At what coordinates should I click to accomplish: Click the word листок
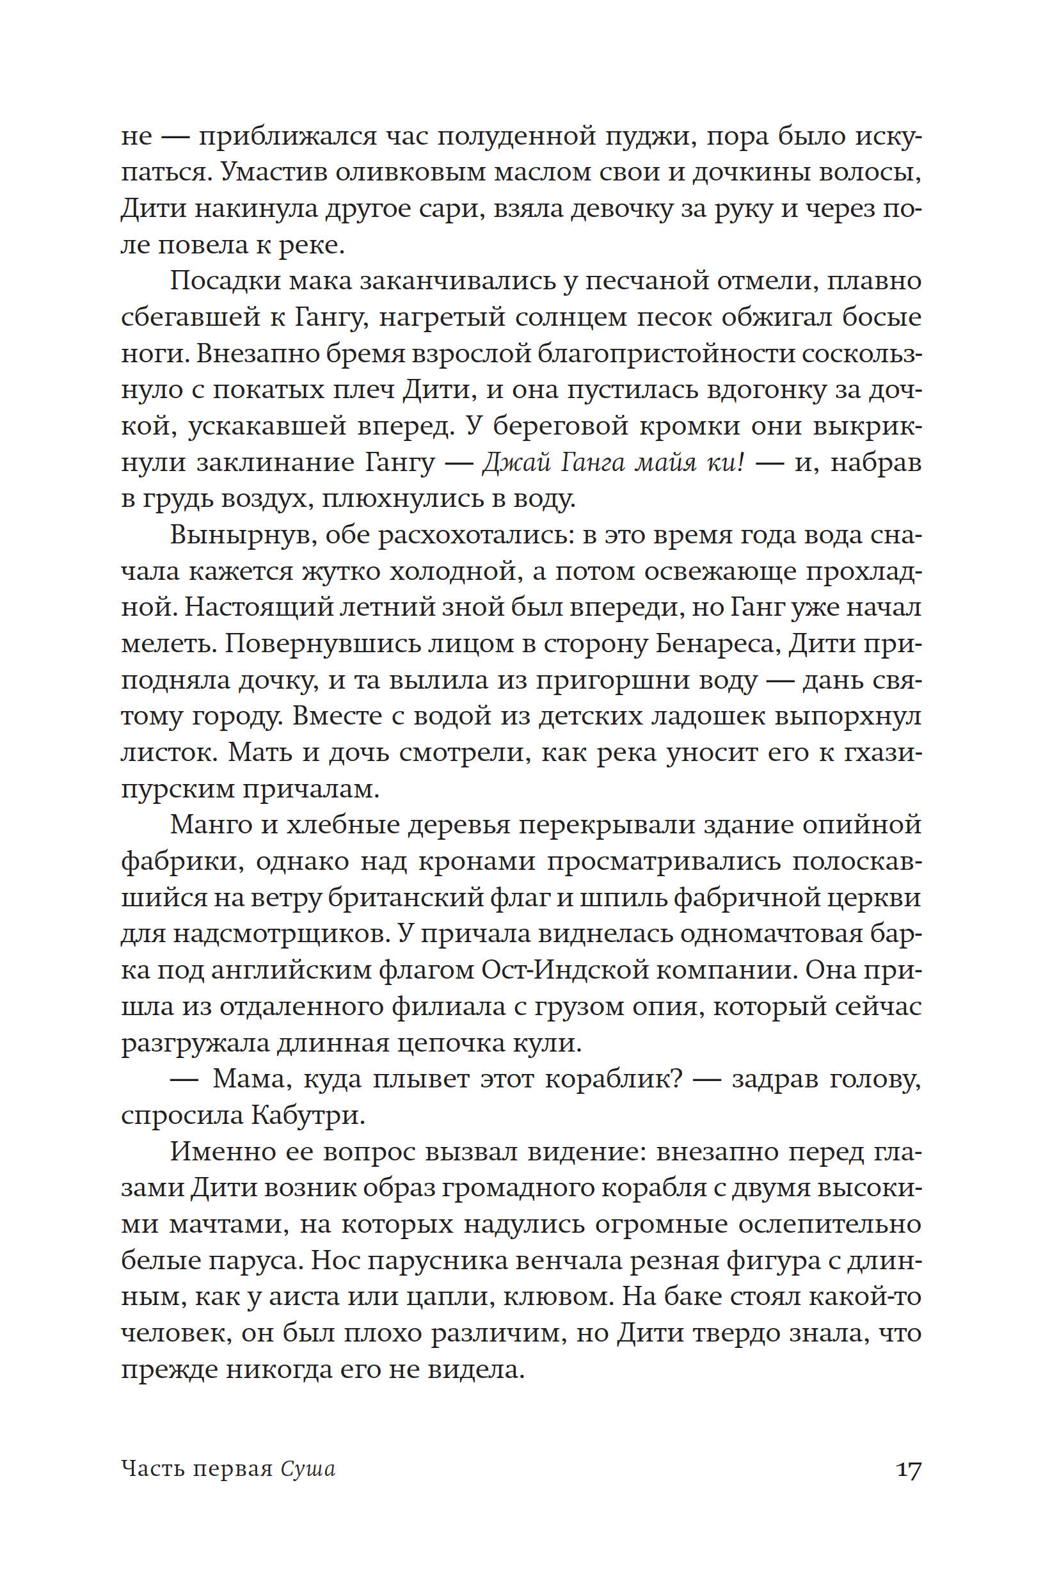pyautogui.click(x=168, y=753)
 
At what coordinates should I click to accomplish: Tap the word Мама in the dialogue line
pyautogui.click(x=252, y=1080)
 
